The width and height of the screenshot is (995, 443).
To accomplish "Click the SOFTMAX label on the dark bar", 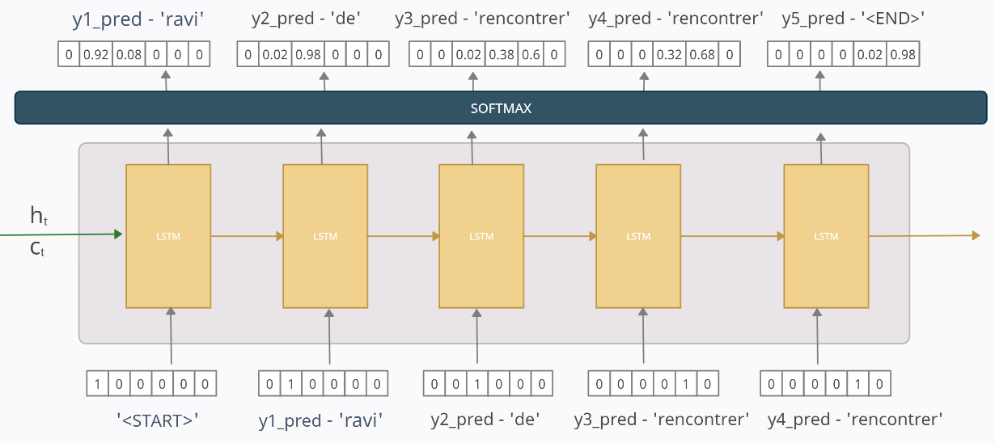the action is (501, 108).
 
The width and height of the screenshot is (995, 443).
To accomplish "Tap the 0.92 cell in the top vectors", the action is (96, 54).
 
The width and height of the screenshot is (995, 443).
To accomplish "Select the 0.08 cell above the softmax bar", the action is (129, 54).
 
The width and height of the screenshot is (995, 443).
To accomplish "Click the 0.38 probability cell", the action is (502, 54).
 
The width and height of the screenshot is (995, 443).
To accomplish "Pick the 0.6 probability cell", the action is (531, 54).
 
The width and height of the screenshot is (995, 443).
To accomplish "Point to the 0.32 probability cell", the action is (669, 54).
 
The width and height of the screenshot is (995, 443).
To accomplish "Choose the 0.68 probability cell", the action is (702, 54).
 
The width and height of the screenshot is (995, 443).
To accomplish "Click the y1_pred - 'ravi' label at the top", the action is (138, 19).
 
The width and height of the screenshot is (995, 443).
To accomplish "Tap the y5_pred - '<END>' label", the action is (853, 19).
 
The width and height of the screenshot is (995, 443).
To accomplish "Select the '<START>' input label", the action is (157, 420).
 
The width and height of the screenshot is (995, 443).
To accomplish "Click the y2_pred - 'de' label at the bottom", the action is (485, 420).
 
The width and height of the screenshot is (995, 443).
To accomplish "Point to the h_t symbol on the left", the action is (39, 215).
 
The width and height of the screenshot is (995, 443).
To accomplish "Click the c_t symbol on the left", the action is (37, 248).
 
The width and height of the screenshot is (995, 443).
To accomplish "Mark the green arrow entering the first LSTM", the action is (61, 234).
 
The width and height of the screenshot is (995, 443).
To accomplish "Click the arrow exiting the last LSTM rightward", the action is (925, 236).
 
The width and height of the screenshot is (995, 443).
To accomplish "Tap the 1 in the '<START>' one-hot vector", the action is (97, 383).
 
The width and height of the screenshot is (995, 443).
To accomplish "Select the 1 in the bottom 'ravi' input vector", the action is (291, 383).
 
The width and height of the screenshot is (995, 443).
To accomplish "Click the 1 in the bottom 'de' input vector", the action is (477, 383).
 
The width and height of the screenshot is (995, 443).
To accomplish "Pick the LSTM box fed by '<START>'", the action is (168, 236).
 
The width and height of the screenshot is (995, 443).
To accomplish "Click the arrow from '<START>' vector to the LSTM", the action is (171, 336).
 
